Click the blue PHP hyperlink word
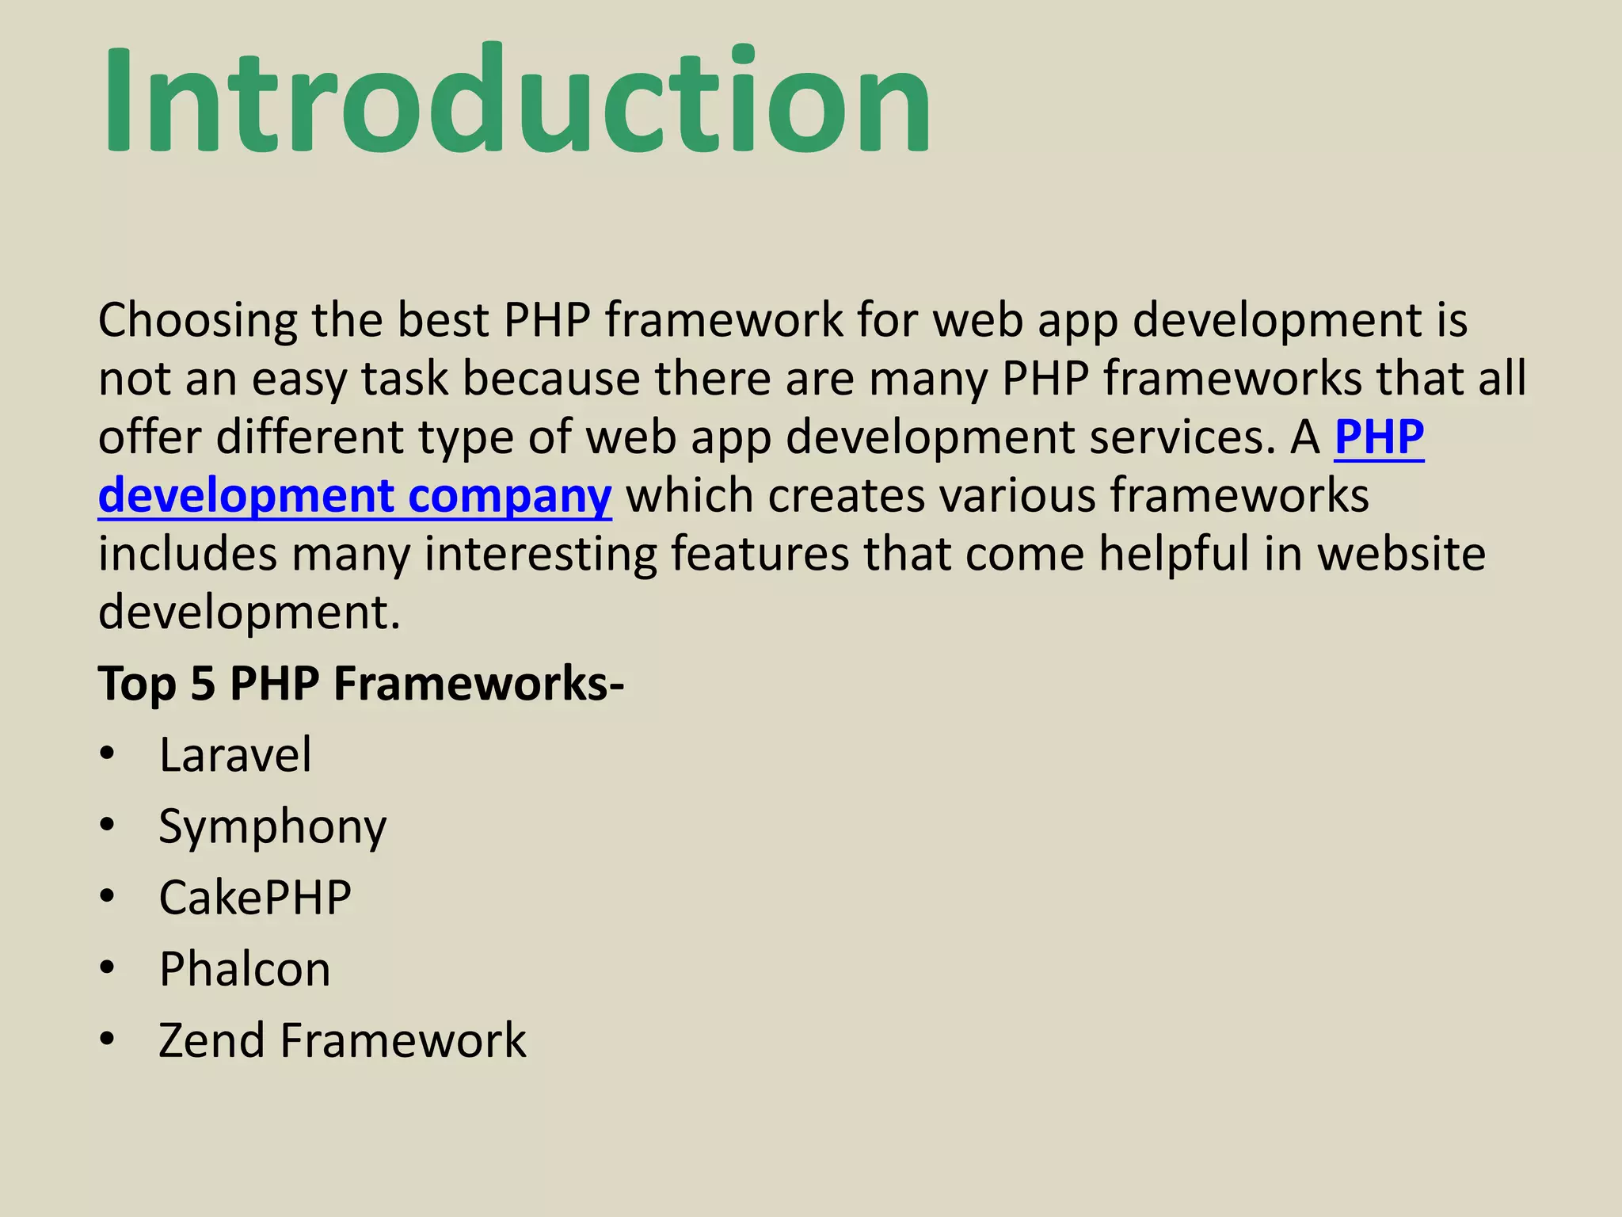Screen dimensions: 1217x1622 click(1379, 437)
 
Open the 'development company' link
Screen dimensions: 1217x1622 click(355, 496)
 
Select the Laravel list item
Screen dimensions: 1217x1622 click(235, 754)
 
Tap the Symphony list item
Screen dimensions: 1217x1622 click(272, 827)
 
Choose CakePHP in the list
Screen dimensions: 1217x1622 click(255, 898)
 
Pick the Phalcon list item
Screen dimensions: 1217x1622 click(245, 969)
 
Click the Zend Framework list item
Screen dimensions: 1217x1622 click(342, 1040)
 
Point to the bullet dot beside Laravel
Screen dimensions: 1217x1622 click(108, 754)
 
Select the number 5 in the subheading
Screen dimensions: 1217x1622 click(203, 683)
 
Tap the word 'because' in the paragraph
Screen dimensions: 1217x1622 click(551, 379)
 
